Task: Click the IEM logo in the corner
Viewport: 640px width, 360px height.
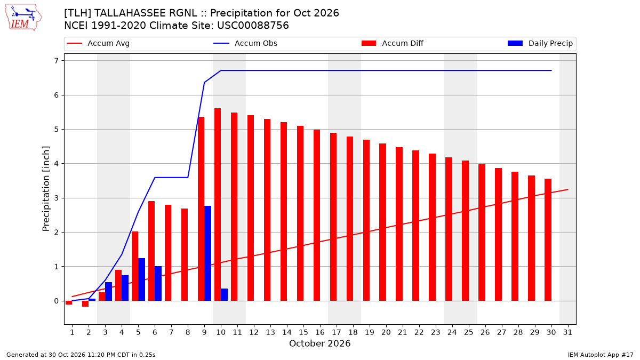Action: coord(23,18)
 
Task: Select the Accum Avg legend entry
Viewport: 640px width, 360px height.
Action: coord(98,43)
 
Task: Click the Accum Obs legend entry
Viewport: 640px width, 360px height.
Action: coord(245,43)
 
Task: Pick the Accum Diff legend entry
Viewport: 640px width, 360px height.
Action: coord(393,43)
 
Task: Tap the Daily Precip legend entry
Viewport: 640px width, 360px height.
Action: coord(540,43)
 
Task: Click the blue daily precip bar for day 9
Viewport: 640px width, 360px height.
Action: coord(207,253)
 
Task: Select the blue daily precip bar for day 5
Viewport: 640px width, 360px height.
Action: coord(141,279)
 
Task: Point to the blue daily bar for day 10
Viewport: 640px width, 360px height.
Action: coord(225,295)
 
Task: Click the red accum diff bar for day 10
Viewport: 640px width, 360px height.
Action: coord(218,205)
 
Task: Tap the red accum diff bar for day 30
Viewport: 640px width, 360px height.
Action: coord(548,239)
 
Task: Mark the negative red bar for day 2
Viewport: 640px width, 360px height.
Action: coord(85,303)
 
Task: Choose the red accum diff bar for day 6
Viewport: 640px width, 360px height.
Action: coord(151,251)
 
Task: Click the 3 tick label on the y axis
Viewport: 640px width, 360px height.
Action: coord(57,198)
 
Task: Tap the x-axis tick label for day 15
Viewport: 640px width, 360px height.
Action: coord(303,332)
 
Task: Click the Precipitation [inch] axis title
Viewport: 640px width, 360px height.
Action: coord(46,189)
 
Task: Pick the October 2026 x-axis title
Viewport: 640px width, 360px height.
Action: coord(319,343)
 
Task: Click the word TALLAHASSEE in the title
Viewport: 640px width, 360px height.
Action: coord(146,13)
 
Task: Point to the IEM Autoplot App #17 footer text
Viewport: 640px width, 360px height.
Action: coord(601,355)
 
